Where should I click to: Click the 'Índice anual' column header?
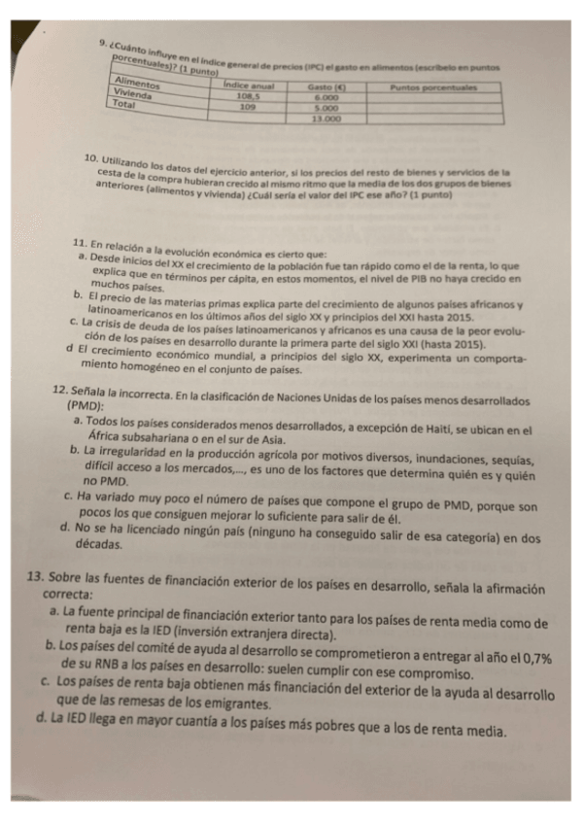tap(249, 86)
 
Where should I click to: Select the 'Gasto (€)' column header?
tap(327, 87)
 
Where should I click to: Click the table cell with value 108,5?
tap(249, 97)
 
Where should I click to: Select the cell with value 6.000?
tap(327, 98)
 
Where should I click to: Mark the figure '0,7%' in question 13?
tap(532, 658)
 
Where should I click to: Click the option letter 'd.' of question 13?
tap(40, 721)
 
